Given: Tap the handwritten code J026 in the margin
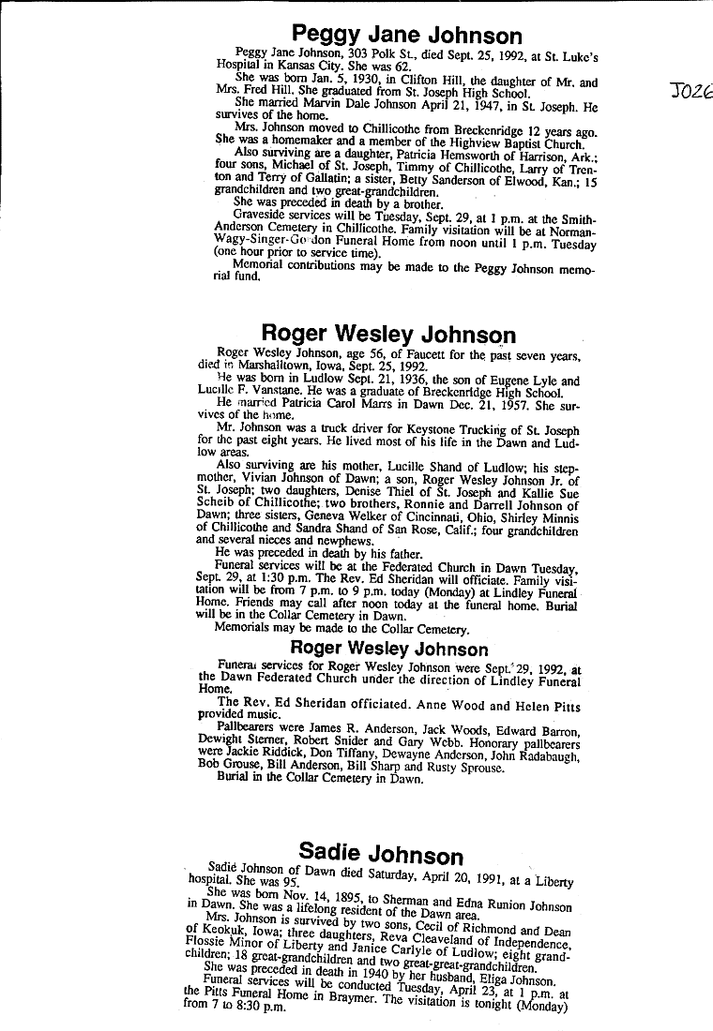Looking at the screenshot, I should (693, 94).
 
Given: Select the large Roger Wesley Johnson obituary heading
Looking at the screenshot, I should (387, 334).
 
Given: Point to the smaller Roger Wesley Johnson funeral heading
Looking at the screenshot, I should (388, 649).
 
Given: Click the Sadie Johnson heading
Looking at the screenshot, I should (381, 852).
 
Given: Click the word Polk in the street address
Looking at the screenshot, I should (390, 54).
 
